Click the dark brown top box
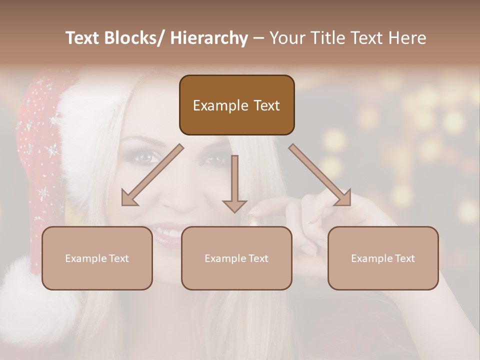tap(236, 105)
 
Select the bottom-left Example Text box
tap(97, 258)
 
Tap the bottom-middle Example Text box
tap(236, 258)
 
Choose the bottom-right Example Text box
tap(383, 258)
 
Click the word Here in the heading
tap(405, 38)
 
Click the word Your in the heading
tap(286, 38)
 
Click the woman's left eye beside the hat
tap(144, 158)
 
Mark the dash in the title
tap(258, 38)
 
